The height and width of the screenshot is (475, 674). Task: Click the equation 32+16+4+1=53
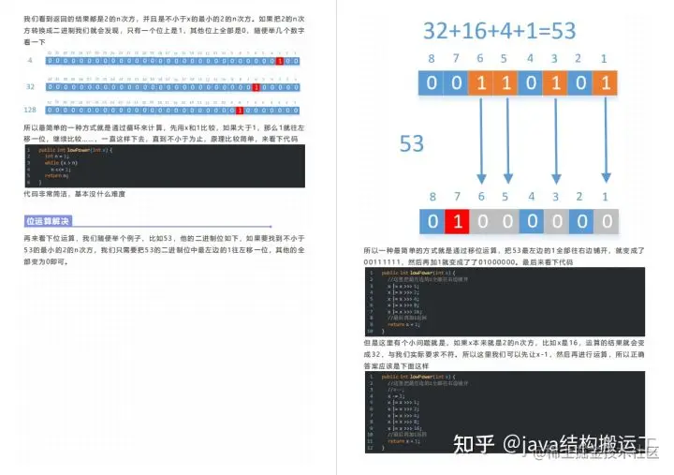point(500,29)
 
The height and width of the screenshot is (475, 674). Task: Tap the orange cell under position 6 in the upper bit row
point(481,82)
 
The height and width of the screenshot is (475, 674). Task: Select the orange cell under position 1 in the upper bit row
point(605,82)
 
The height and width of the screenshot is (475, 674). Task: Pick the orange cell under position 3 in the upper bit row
point(556,82)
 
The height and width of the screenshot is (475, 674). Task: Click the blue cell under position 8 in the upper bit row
point(432,82)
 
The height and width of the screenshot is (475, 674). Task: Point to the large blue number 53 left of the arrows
point(412,143)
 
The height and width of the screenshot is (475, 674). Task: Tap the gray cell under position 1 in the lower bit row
point(606,222)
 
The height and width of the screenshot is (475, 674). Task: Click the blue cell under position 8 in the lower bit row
point(432,222)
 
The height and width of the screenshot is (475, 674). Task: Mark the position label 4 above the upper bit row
point(531,59)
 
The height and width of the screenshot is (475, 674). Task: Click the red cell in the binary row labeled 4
point(280,61)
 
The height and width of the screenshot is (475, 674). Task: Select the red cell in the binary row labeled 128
point(239,110)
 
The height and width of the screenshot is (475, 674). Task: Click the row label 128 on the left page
point(31,110)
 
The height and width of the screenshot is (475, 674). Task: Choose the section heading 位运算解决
point(48,221)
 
